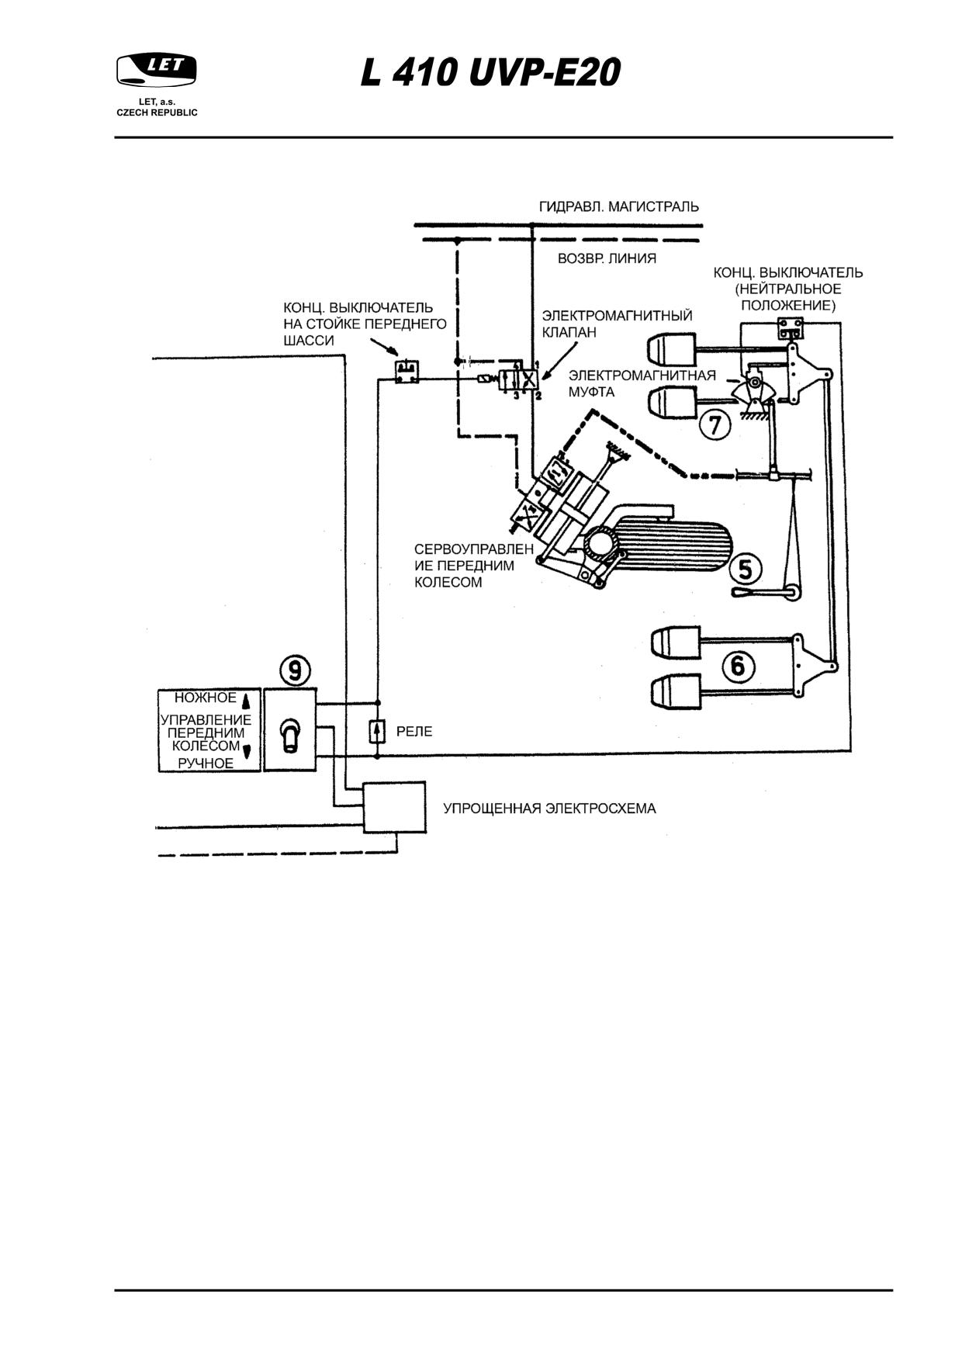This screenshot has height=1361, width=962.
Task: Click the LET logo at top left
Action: point(157,70)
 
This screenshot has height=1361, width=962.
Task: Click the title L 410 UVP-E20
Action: point(490,74)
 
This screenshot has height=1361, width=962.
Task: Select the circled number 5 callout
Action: point(745,569)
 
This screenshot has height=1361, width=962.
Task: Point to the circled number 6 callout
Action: point(737,665)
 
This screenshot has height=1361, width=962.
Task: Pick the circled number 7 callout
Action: point(715,424)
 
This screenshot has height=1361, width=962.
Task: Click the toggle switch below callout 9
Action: point(290,734)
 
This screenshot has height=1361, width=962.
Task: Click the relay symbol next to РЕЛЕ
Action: point(377,731)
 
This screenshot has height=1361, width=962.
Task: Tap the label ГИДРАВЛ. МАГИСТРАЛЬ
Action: point(619,206)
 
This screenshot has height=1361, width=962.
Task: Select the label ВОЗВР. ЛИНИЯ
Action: point(607,258)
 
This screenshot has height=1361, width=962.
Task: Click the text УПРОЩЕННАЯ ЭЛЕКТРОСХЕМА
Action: point(549,809)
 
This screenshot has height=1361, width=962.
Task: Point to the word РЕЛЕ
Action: point(414,732)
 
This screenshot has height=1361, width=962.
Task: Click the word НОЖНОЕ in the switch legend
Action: point(205,698)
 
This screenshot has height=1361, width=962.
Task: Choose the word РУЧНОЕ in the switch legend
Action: point(206,764)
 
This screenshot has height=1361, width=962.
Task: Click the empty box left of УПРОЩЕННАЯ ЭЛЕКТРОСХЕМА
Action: point(395,807)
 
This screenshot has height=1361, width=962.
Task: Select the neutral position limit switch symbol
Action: point(792,330)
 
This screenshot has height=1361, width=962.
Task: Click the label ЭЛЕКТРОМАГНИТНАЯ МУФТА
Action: point(642,384)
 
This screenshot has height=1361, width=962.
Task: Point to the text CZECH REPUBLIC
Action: point(157,113)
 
